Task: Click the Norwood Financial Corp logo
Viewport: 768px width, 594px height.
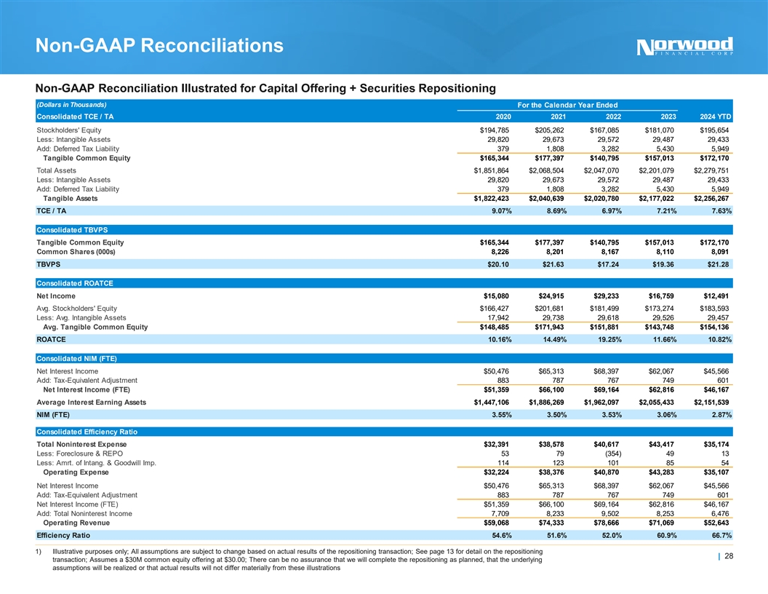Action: click(x=685, y=46)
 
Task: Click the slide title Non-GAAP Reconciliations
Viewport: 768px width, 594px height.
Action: click(x=159, y=47)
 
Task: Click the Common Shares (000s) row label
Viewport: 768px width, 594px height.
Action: click(x=85, y=252)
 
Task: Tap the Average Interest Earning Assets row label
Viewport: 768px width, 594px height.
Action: click(x=91, y=402)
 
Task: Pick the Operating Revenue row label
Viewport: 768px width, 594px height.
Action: click(x=77, y=522)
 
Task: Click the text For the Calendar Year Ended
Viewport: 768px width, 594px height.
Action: click(x=567, y=105)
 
